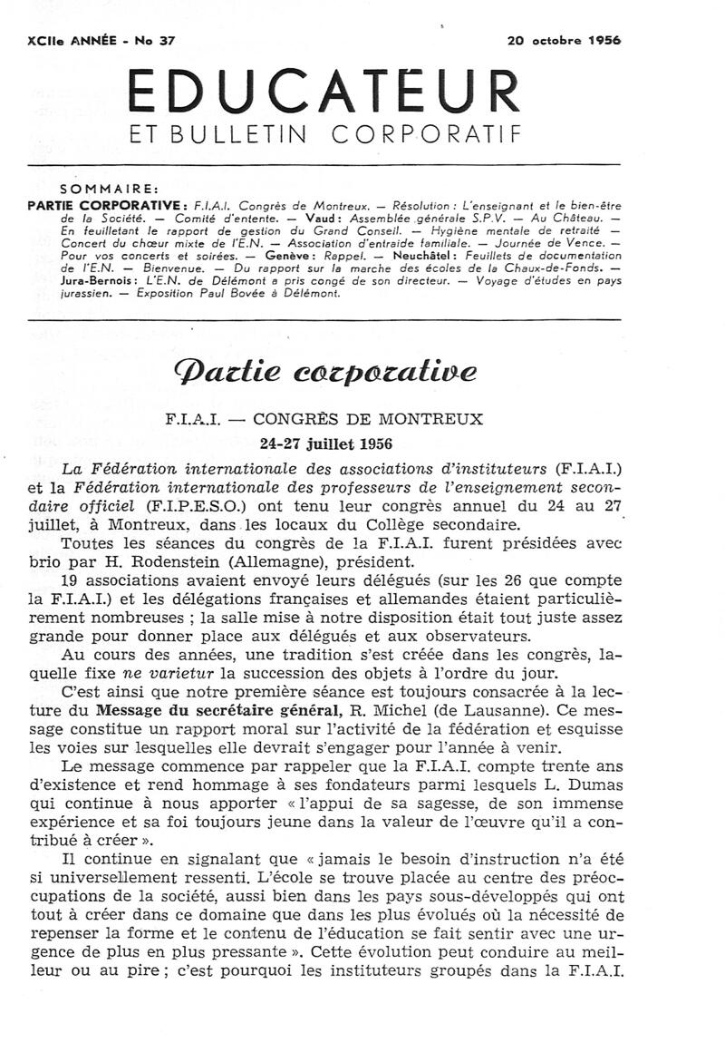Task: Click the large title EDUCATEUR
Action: pos(324,92)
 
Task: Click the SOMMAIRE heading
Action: pos(109,189)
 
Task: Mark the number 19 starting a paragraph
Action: pos(72,580)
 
